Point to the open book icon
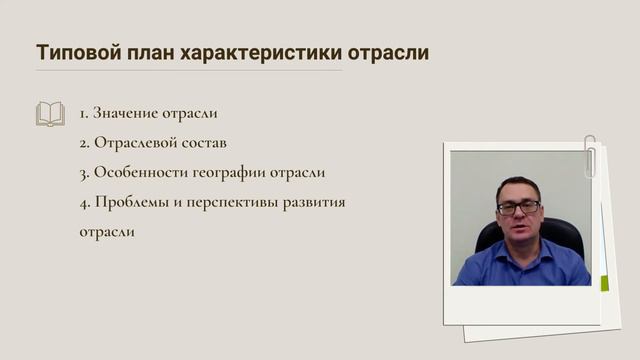(x=50, y=113)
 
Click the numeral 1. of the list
(x=84, y=114)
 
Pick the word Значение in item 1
(x=125, y=114)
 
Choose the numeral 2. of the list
(x=85, y=143)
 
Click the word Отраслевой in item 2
(x=138, y=143)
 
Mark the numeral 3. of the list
(x=85, y=172)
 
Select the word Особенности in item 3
(x=142, y=172)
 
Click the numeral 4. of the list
(x=85, y=202)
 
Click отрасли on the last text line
(x=106, y=232)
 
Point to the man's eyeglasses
(x=519, y=207)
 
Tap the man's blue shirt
(x=520, y=265)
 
